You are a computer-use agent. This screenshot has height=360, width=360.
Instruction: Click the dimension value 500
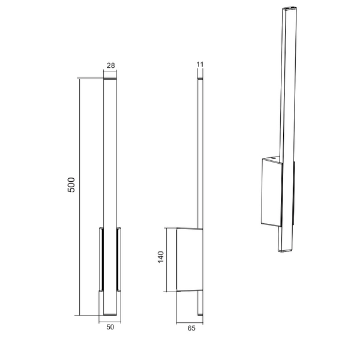click(x=71, y=184)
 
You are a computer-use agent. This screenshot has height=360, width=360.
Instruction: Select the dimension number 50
click(x=109, y=328)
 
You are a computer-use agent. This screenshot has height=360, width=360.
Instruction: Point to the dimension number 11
click(x=200, y=63)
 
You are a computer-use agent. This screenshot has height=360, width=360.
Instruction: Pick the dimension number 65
click(x=191, y=329)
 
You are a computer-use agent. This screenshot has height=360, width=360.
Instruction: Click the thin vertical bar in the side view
click(x=200, y=150)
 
